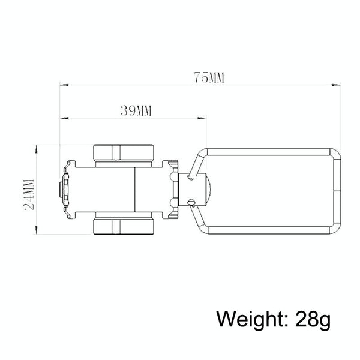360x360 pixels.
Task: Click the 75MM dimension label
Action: tap(209, 77)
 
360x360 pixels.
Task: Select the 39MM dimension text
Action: tap(136, 111)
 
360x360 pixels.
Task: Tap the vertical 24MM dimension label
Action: tap(29, 194)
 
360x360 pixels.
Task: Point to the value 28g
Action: tap(313, 319)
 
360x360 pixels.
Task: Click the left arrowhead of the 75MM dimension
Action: tap(64, 85)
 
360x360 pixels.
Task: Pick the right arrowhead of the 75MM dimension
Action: tap(337, 85)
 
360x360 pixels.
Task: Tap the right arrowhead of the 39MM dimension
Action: tap(202, 118)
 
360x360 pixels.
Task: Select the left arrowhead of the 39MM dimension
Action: tap(64, 118)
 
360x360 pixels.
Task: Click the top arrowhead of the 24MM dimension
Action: tap(36, 149)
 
